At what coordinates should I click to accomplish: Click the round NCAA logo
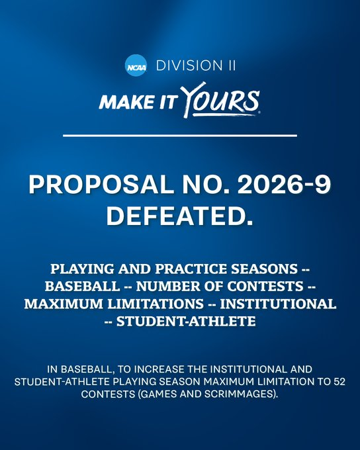[136, 66]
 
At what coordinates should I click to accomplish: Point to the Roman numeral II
[228, 66]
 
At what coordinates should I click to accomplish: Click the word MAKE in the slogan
[122, 103]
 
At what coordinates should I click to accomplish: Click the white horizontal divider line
[180, 136]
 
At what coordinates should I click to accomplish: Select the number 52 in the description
[334, 381]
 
